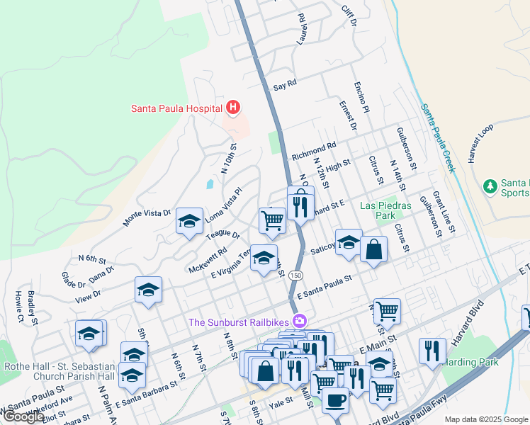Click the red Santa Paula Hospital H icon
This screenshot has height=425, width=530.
tap(233, 108)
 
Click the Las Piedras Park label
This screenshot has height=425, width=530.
tap(385, 210)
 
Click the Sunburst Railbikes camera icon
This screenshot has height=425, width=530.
tap(300, 322)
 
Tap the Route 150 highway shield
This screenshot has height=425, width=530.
tap(296, 275)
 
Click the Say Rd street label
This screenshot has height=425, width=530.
tap(285, 84)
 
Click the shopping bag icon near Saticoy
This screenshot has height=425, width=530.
tap(373, 249)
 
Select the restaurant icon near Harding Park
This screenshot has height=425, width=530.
tap(432, 351)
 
